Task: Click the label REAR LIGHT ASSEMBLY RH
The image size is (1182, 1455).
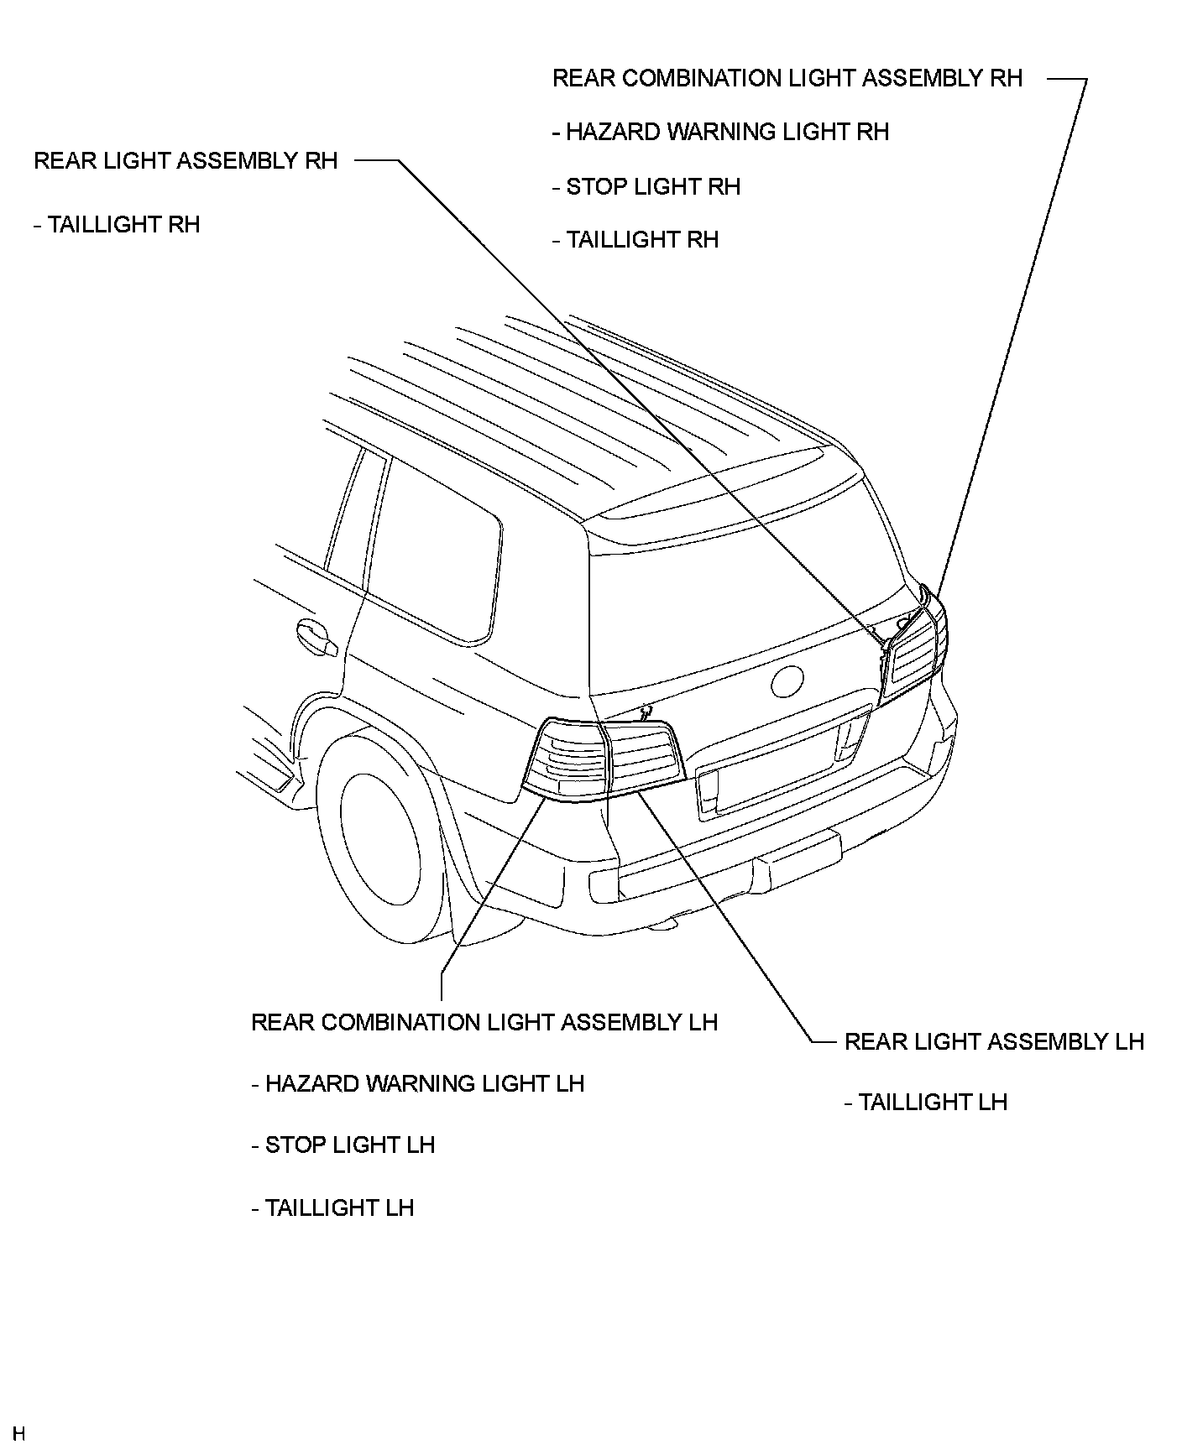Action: coord(186,161)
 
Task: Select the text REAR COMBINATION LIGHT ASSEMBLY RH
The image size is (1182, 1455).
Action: coord(787,79)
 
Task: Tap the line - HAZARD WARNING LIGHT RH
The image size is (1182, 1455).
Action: coord(721,133)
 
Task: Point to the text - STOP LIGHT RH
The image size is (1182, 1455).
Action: coord(647,186)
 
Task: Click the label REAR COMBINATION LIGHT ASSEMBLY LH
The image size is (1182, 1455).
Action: coord(484,1022)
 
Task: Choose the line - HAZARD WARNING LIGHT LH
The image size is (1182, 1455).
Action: coord(418,1083)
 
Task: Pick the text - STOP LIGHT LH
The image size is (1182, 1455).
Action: coord(343,1145)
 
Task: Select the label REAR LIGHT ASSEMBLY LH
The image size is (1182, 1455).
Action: coord(994,1042)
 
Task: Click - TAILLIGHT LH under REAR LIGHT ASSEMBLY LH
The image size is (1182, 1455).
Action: coord(926,1103)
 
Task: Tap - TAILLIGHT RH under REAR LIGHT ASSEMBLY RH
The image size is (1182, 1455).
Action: coord(118,225)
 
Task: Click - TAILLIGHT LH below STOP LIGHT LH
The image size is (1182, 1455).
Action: coord(333,1208)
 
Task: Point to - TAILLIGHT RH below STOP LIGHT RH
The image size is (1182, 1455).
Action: coord(636,240)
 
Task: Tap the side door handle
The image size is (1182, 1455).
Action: coord(316,636)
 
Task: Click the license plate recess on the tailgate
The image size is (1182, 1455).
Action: coord(777,768)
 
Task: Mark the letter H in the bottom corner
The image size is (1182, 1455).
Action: coord(19,1433)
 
